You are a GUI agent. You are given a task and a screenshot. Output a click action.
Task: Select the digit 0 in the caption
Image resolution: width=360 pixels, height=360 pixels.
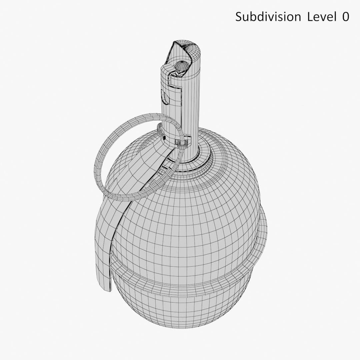[345, 17]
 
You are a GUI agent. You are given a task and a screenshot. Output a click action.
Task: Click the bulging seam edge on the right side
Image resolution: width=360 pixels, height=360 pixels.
[262, 230]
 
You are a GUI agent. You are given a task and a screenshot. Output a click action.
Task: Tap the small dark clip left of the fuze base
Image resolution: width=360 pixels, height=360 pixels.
[164, 136]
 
